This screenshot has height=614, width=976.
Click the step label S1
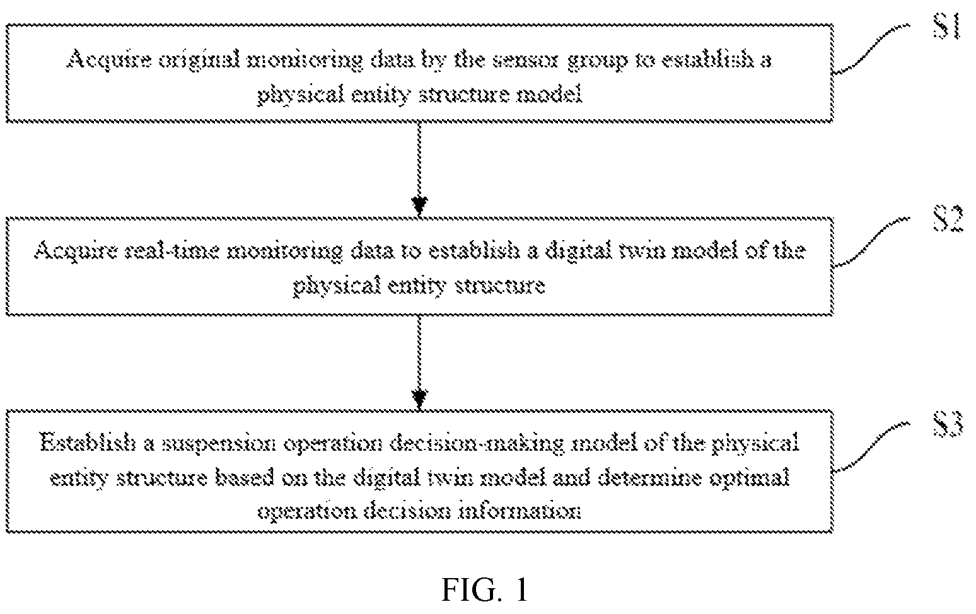point(946,26)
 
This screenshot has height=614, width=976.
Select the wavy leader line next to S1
point(871,49)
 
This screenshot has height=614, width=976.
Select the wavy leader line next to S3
point(871,446)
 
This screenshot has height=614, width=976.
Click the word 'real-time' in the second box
point(171,251)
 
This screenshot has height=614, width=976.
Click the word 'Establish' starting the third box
point(87,443)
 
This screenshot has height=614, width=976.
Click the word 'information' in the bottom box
point(520,511)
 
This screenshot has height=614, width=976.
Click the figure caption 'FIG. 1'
point(484,590)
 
